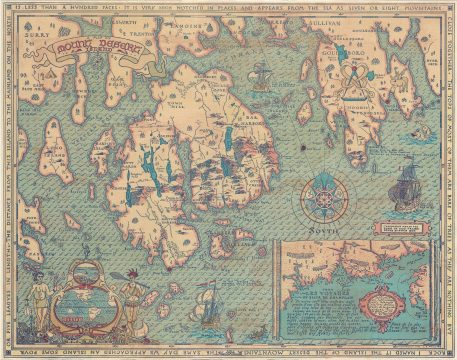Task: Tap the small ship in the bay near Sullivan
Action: pyautogui.click(x=260, y=73)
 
